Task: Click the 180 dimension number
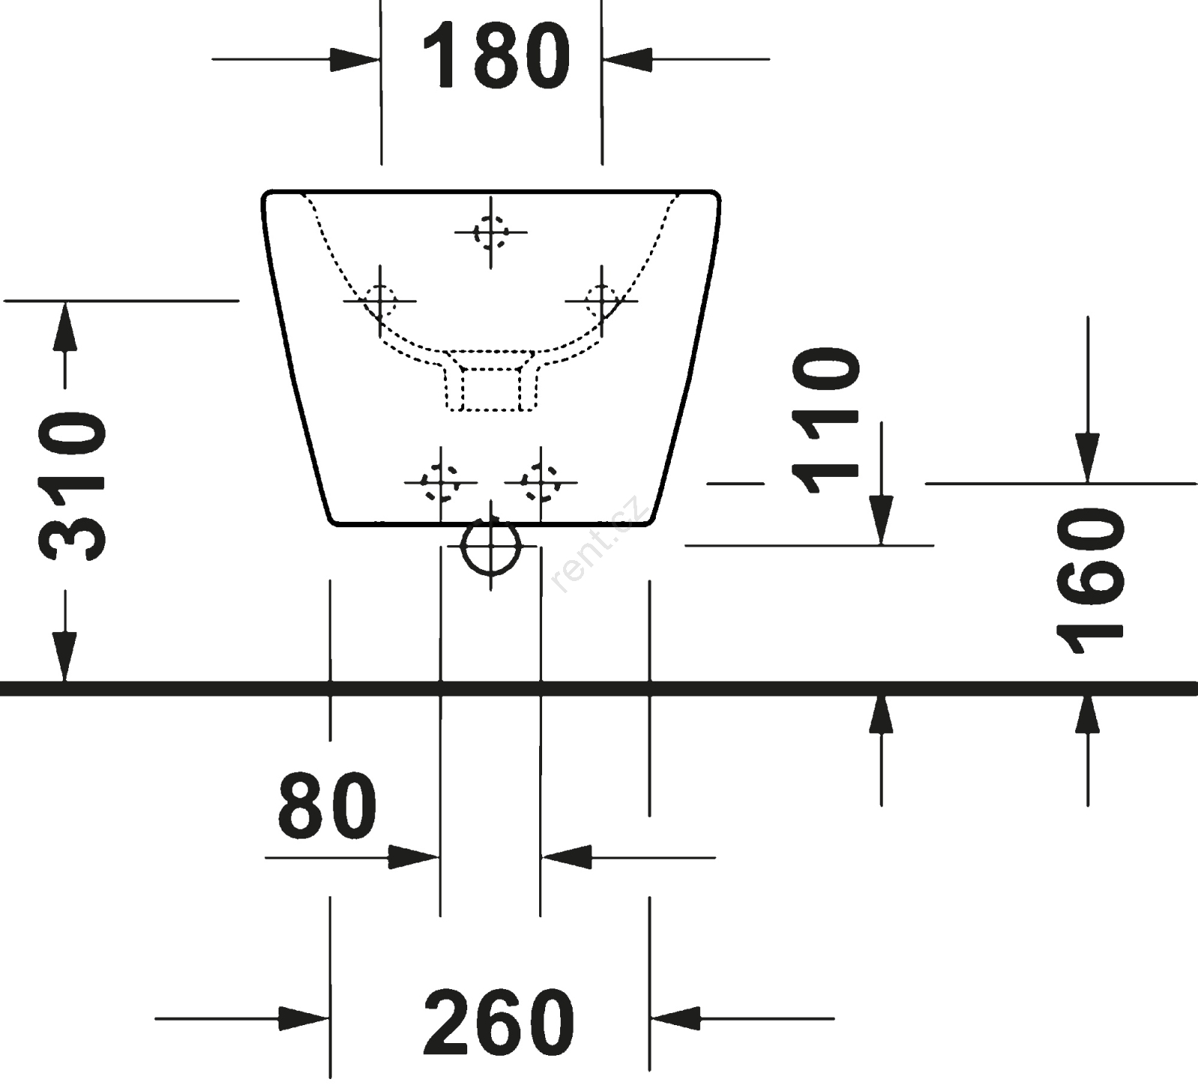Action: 496,56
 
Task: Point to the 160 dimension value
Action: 1089,582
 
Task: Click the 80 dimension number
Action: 327,806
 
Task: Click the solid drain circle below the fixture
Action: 490,547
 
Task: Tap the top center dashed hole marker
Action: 490,232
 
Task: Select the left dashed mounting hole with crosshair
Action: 380,301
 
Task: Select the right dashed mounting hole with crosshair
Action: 601,301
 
